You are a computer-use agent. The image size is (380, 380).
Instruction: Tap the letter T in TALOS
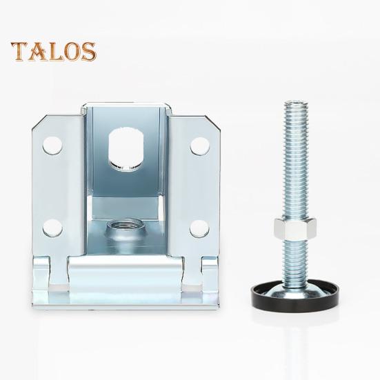[19, 50]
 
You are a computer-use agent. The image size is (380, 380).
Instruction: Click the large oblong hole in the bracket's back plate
[123, 147]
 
